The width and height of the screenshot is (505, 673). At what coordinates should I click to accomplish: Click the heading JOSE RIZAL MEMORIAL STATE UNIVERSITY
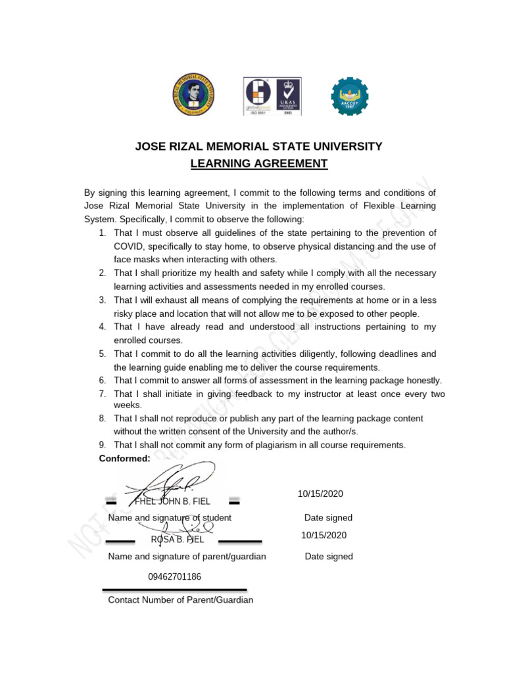[258, 146]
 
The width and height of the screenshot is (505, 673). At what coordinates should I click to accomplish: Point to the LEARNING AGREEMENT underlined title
[258, 163]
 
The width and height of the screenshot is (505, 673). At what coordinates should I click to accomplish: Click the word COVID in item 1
[128, 246]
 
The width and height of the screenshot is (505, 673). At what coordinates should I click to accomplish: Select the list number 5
[103, 354]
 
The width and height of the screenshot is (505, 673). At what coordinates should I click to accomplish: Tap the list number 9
[103, 445]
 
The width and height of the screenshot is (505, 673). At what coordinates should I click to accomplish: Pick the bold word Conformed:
[124, 458]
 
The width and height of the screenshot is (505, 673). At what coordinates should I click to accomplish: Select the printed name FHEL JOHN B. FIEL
[172, 502]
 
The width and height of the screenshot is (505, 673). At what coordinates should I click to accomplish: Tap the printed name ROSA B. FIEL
[177, 540]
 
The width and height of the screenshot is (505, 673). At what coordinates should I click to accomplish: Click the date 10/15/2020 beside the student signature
[320, 494]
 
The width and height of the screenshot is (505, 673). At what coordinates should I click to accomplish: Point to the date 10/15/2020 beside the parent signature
[324, 535]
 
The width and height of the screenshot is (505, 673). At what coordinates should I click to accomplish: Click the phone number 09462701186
[174, 576]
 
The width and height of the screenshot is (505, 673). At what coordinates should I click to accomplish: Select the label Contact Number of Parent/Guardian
[180, 600]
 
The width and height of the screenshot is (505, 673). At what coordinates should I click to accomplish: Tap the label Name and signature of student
[170, 518]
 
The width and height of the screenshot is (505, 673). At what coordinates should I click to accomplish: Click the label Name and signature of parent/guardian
[187, 557]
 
